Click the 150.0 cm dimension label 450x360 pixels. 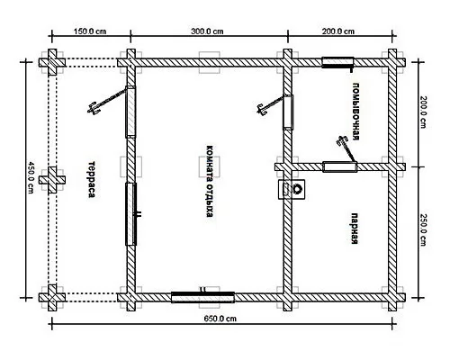(90, 31)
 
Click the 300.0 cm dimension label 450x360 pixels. (207, 31)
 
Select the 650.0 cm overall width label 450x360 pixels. (220, 319)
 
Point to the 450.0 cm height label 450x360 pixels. (31, 177)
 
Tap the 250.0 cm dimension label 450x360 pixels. (423, 229)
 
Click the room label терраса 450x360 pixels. (92, 179)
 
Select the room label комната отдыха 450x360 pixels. (210, 182)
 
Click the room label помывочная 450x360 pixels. (355, 112)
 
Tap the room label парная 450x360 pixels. (355, 229)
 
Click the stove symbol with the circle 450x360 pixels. (292, 189)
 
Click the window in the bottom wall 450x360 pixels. (202, 297)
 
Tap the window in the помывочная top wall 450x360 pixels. (337, 62)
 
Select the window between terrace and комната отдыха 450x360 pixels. (130, 214)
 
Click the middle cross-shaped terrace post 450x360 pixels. (52, 180)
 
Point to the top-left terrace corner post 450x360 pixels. (52, 62)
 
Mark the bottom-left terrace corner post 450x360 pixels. (52, 298)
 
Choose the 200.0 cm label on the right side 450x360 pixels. (423, 112)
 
